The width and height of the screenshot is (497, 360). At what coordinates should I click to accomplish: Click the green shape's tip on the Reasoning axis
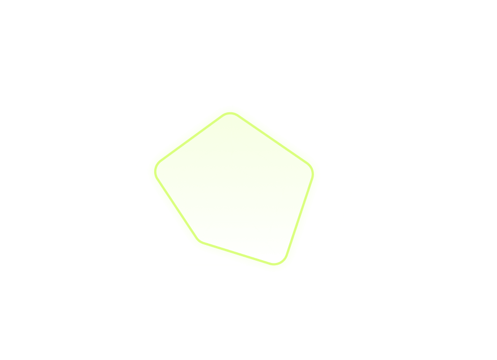232,108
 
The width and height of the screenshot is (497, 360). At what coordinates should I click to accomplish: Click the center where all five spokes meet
232,193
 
